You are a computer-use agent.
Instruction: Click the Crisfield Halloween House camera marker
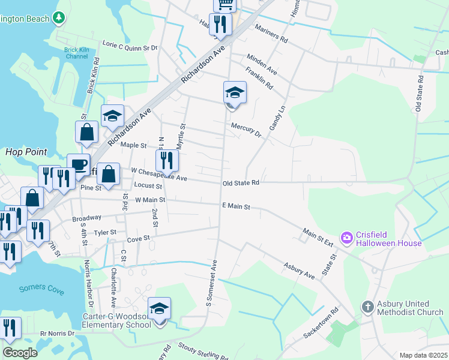pyautogui.click(x=346, y=238)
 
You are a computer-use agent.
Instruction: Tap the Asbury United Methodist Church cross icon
pyautogui.click(x=368, y=307)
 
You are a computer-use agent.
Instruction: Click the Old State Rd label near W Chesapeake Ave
pyautogui.click(x=240, y=182)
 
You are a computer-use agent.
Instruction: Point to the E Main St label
pyautogui.click(x=235, y=206)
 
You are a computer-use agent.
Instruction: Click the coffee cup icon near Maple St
pyautogui.click(x=78, y=164)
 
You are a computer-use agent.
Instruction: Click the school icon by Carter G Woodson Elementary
pyautogui.click(x=160, y=309)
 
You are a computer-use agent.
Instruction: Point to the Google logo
pyautogui.click(x=20, y=353)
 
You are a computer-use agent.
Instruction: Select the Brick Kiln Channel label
pyautogui.click(x=76, y=53)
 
